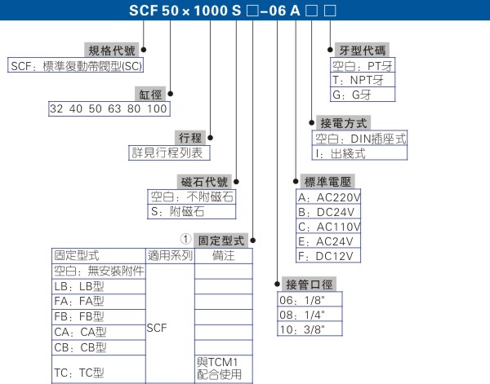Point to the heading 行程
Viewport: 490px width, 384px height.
point(189,136)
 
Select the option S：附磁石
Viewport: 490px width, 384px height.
point(177,211)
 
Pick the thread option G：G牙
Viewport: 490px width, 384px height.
point(353,95)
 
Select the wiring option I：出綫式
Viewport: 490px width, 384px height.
point(340,152)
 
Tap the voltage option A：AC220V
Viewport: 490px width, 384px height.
point(330,197)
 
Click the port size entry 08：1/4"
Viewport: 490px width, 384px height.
point(303,315)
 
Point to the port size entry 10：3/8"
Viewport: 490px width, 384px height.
point(303,329)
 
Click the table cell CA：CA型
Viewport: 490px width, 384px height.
point(80,331)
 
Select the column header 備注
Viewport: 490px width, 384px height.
point(223,255)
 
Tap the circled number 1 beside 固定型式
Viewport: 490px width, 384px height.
point(186,240)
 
